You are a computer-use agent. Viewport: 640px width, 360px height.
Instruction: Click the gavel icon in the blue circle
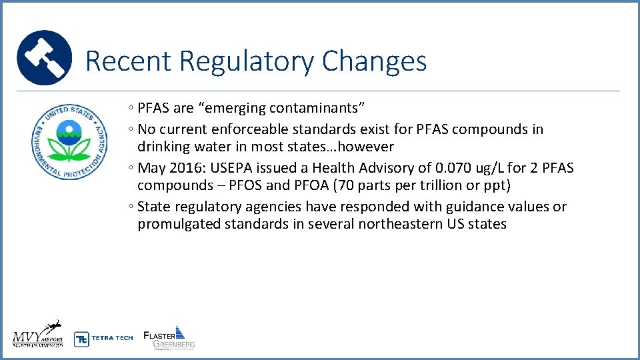44,57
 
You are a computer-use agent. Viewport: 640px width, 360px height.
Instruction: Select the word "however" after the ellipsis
367,147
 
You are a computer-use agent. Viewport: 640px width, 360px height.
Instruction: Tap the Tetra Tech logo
103,338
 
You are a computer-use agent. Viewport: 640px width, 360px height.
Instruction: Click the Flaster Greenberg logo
169,337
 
